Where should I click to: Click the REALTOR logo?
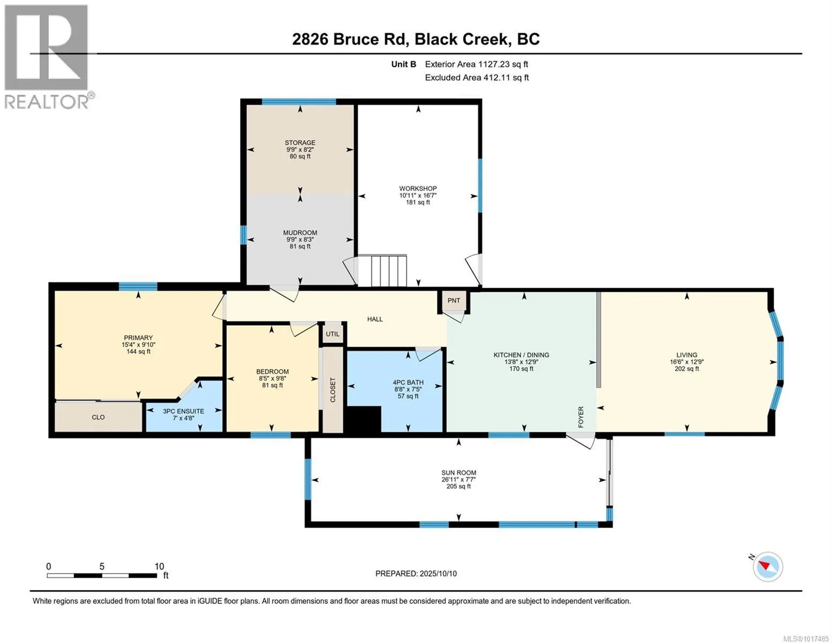click(48, 57)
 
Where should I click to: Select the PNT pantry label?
click(453, 300)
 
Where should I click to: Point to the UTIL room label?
click(332, 334)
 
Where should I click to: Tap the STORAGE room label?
click(300, 143)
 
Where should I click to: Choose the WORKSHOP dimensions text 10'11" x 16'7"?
click(418, 196)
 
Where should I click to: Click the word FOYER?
click(580, 417)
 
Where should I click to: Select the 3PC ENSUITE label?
click(183, 412)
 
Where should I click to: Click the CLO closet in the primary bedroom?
click(99, 417)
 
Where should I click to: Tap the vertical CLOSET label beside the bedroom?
click(332, 390)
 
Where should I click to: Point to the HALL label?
click(375, 319)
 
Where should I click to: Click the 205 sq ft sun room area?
click(458, 487)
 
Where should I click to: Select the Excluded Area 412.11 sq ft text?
click(477, 77)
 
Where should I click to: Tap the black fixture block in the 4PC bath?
click(364, 420)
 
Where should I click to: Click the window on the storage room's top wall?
click(298, 101)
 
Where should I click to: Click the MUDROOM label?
click(300, 233)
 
